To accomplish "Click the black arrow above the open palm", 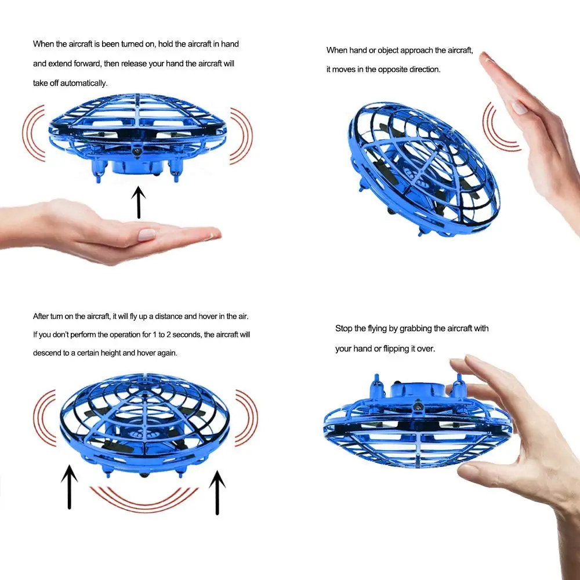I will pos(139,202).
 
